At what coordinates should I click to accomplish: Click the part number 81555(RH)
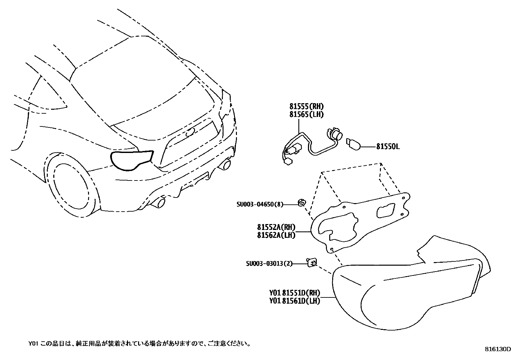303,106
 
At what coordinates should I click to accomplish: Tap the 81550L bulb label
388,147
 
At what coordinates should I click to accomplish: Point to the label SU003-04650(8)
260,204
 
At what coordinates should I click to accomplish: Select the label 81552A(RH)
276,227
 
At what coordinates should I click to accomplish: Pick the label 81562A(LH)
276,235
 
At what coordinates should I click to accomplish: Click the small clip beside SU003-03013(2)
312,262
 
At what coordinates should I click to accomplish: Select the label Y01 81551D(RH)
295,293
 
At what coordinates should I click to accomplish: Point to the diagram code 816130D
498,349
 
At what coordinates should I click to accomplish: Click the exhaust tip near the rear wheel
159,203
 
